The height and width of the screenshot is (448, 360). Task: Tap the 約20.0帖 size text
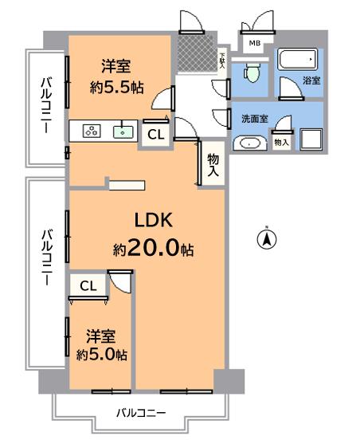click(x=153, y=249)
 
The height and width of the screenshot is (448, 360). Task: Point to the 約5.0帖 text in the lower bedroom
click(x=102, y=355)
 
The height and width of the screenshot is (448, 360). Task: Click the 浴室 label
click(x=311, y=81)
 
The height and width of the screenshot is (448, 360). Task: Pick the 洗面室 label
click(x=254, y=118)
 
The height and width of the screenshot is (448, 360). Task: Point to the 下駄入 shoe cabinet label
click(x=222, y=61)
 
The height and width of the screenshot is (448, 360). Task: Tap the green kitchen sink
click(x=123, y=131)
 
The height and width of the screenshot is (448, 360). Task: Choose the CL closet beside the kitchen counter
click(x=155, y=135)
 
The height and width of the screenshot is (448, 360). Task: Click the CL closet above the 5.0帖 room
click(x=88, y=285)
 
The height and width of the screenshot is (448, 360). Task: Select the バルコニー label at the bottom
click(x=141, y=412)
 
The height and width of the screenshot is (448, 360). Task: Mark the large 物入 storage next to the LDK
click(x=213, y=164)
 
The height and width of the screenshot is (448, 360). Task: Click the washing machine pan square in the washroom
click(x=311, y=140)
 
